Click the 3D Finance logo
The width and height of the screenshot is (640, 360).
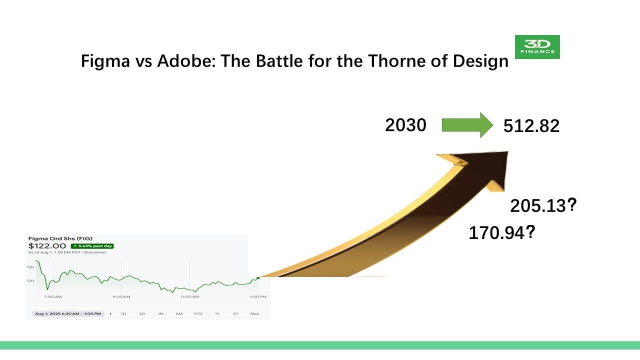point(537,47)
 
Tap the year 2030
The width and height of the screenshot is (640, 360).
point(405,125)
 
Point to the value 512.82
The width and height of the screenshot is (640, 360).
point(531,126)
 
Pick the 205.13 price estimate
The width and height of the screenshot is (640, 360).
point(538,205)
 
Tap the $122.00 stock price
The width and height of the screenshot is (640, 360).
point(47,246)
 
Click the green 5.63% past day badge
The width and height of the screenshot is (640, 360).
point(92,246)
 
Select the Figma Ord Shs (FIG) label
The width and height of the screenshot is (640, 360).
point(60,238)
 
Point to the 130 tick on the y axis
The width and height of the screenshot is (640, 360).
point(30,267)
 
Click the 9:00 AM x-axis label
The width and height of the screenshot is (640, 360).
point(121,296)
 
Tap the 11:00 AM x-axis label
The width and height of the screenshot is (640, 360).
point(189,296)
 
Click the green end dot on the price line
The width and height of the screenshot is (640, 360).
point(258,278)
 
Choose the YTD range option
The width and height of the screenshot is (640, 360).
point(198,313)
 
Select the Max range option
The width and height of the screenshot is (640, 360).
point(254,313)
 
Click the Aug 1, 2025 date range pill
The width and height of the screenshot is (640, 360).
point(67,313)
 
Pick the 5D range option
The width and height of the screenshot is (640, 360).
point(142,313)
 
